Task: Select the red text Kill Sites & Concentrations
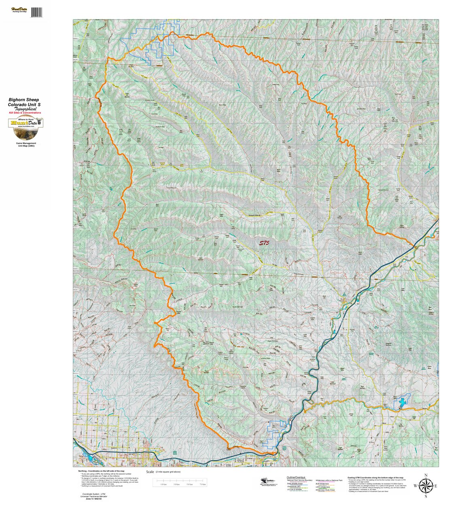click(x=25, y=112)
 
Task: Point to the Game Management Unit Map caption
click(x=26, y=144)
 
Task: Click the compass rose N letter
click(x=426, y=475)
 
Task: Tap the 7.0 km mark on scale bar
click(x=203, y=484)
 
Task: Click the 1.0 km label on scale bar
click(x=163, y=484)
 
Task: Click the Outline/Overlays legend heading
click(x=296, y=477)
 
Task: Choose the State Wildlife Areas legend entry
click(x=295, y=483)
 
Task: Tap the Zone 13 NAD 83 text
click(x=92, y=499)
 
